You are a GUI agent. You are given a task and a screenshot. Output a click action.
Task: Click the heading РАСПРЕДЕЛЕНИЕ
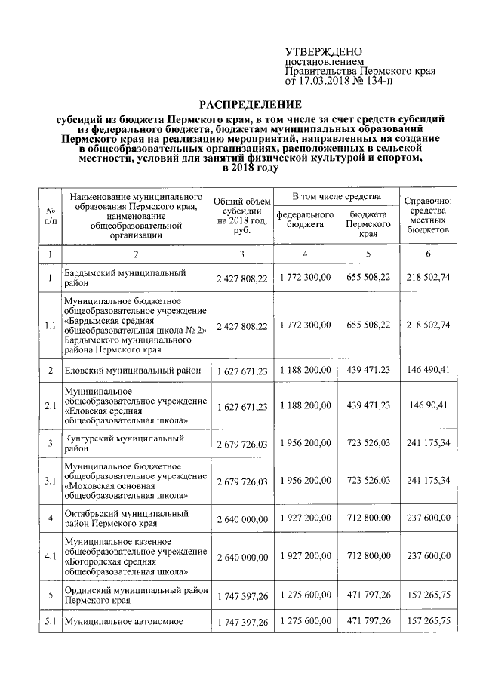[250, 103]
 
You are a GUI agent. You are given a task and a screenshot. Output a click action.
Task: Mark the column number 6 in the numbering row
[428, 254]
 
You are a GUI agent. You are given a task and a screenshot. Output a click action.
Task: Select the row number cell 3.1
[50, 481]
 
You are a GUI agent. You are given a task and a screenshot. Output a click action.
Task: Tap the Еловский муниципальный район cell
[131, 370]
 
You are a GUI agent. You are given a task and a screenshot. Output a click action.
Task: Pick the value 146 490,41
[428, 370]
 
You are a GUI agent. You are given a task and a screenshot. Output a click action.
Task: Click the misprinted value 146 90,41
[428, 406]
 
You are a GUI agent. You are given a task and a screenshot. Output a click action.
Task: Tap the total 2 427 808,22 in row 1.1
[241, 325]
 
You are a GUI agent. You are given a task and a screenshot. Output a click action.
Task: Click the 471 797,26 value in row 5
[368, 595]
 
